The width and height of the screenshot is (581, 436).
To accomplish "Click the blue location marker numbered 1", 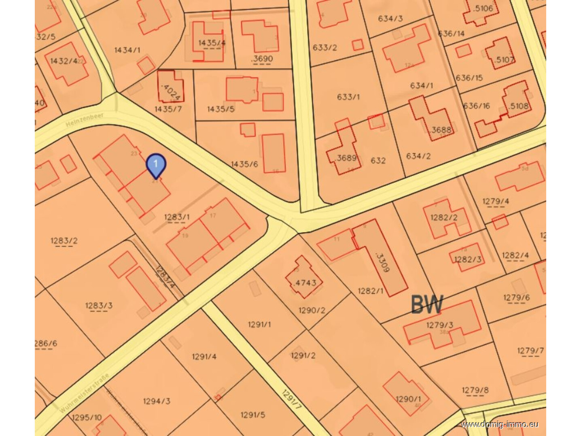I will tap(156, 165).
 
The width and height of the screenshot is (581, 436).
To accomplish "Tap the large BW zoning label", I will tap(427, 304).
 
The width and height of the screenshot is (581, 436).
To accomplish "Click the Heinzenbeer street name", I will tap(85, 120).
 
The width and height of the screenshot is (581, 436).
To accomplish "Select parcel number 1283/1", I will tap(177, 217).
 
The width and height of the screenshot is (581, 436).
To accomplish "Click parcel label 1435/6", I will tap(244, 164).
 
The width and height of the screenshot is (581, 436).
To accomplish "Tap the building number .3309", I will tap(382, 262).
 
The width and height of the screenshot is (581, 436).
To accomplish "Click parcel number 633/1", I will tap(348, 97).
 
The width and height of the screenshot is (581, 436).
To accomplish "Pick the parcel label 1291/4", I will tap(204, 357).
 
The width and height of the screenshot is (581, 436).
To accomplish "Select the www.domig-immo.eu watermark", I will tap(500, 424).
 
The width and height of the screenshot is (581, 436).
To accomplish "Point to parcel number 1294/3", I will tap(157, 401).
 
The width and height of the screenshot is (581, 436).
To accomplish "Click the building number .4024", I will tap(171, 92).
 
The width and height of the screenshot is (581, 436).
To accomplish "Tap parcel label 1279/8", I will tap(475, 390).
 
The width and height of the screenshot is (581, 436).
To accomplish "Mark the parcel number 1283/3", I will tap(99, 306).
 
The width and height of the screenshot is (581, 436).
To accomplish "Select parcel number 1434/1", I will tap(127, 50).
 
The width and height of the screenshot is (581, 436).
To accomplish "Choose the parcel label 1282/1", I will tap(371, 291).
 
